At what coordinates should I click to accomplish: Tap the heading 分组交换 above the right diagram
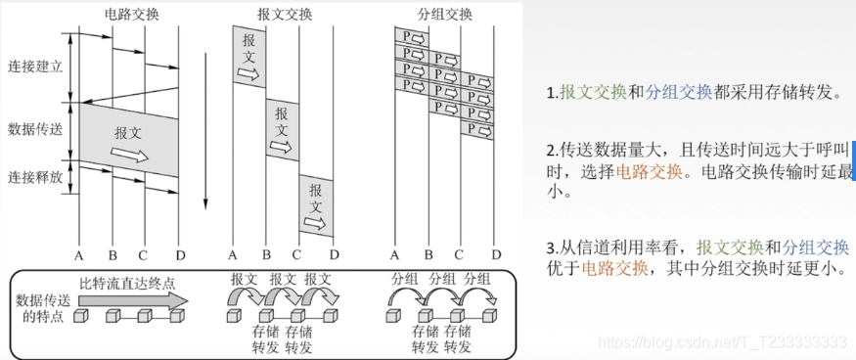point(445,16)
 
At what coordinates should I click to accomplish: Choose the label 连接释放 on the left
point(34,177)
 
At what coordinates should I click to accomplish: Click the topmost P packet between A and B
point(411,37)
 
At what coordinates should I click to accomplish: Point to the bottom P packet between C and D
point(476,128)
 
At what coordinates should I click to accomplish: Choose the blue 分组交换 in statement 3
point(817,247)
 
